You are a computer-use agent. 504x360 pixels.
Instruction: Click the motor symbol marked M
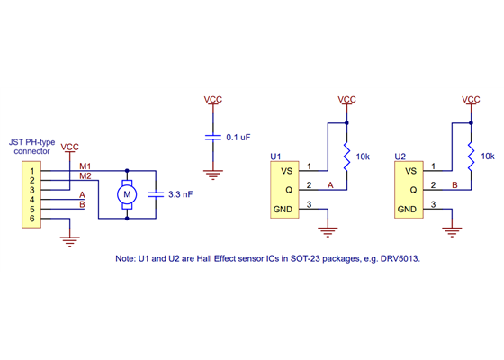coord(127,193)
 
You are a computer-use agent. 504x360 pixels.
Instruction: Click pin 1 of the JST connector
coord(32,170)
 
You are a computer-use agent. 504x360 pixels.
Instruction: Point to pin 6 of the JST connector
coord(32,219)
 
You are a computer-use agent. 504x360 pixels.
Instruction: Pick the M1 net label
coord(85,166)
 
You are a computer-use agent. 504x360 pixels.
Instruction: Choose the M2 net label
coord(85,175)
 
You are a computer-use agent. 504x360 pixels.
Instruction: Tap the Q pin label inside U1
coord(288,190)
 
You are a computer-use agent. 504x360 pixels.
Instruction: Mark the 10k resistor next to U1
coord(346,157)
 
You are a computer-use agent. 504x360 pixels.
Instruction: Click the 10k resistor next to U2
coord(471,157)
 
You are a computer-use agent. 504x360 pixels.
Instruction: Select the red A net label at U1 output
coord(330,185)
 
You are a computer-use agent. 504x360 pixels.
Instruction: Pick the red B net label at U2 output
coord(454,185)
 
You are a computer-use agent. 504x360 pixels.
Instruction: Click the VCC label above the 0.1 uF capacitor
coord(213,99)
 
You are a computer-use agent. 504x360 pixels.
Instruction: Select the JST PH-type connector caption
coord(31,146)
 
